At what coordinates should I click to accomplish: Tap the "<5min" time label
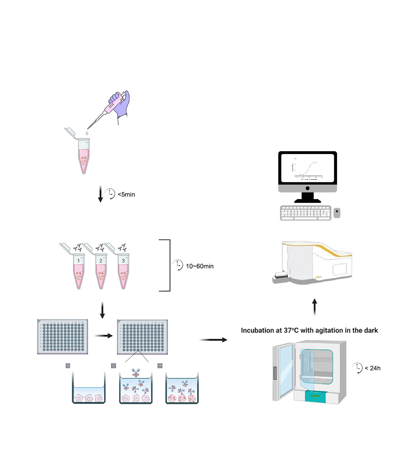coord(126,194)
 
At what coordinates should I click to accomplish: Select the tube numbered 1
coord(79,271)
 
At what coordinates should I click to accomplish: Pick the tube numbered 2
coord(101,271)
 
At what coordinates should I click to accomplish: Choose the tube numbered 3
coord(123,271)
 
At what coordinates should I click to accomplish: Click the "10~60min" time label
coord(199,266)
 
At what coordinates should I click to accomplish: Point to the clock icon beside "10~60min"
coord(178,265)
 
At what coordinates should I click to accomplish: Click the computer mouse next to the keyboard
coord(337,213)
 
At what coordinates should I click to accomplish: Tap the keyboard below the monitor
coord(305,213)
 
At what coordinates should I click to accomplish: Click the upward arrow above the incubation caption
coord(314,306)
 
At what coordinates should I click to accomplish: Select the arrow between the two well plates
coord(103,336)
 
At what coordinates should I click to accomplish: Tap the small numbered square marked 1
coord(68,365)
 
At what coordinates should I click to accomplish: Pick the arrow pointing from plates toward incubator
coord(213,340)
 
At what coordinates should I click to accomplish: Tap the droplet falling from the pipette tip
coord(87,133)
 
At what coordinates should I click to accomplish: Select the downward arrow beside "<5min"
coord(100,194)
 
